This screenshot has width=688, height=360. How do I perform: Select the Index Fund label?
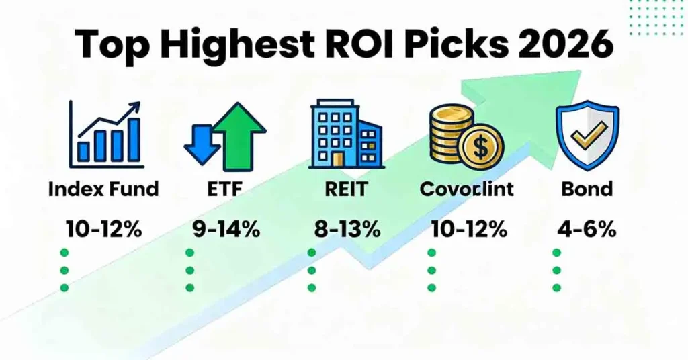[103, 189]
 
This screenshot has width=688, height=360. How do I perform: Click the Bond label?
[587, 189]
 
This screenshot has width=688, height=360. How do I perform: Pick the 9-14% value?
[223, 229]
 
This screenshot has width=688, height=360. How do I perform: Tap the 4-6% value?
[586, 229]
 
